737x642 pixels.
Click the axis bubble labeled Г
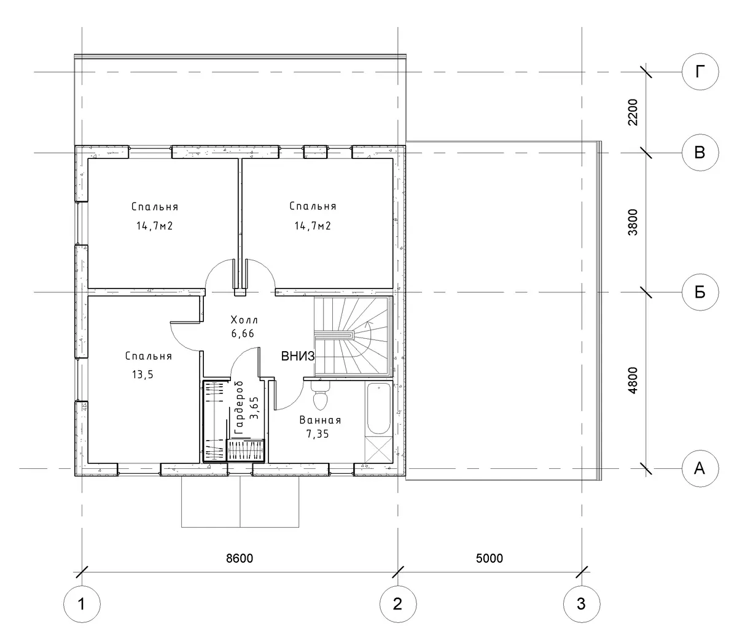pos(700,72)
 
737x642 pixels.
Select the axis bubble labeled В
pos(700,153)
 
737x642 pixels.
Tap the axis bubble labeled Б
pos(700,292)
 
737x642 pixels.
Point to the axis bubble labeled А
pos(700,468)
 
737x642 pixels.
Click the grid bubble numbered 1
pos(82,604)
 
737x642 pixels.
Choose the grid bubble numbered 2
pos(398,604)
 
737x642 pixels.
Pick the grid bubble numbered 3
pos(582,604)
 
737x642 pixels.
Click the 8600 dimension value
pos(240,558)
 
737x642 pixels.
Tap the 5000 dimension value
pos(489,558)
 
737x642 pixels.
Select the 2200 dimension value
pos(633,112)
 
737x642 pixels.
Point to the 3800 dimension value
pos(633,222)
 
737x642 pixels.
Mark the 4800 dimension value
pos(633,381)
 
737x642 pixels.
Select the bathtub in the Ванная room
pos(378,409)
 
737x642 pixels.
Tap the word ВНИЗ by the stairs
pos(297,356)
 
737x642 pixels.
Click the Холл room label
pos(244,320)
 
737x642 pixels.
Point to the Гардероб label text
pos(239,407)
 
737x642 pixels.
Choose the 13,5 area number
pos(142,374)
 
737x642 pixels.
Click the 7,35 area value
pos(318,434)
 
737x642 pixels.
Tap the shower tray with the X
pos(378,449)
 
